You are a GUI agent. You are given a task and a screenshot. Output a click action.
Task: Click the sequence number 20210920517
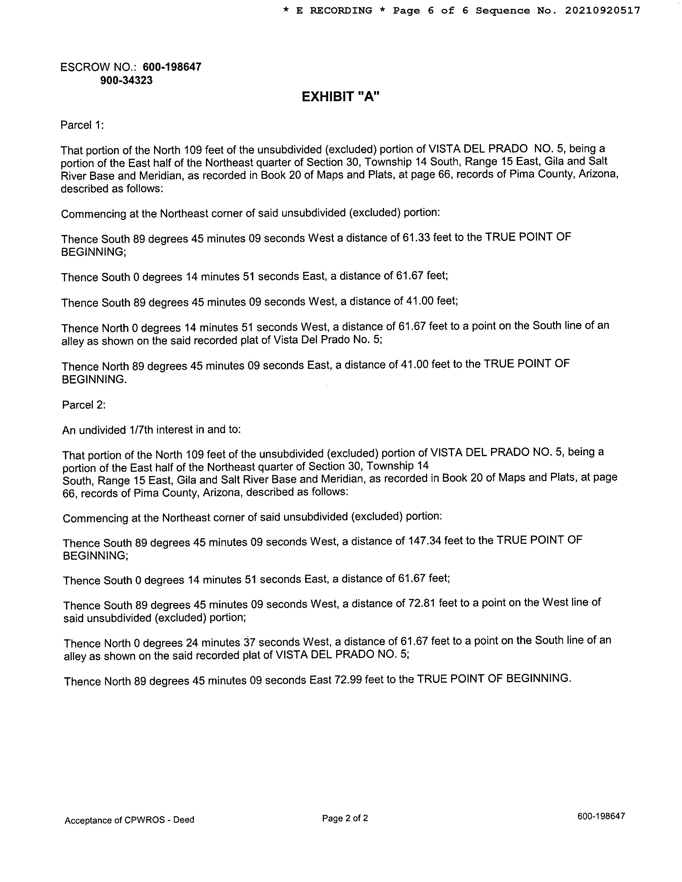pos(602,10)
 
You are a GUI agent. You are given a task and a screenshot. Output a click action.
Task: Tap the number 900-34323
pos(127,80)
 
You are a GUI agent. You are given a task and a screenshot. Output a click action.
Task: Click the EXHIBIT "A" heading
pos(340,97)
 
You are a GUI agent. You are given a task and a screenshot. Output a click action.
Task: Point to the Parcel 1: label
pos(82,125)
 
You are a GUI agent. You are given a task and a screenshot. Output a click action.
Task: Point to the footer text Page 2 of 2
pos(345,818)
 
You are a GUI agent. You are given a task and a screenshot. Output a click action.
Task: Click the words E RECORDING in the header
pos(334,10)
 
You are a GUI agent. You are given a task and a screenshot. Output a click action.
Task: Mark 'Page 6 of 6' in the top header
pos(431,10)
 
